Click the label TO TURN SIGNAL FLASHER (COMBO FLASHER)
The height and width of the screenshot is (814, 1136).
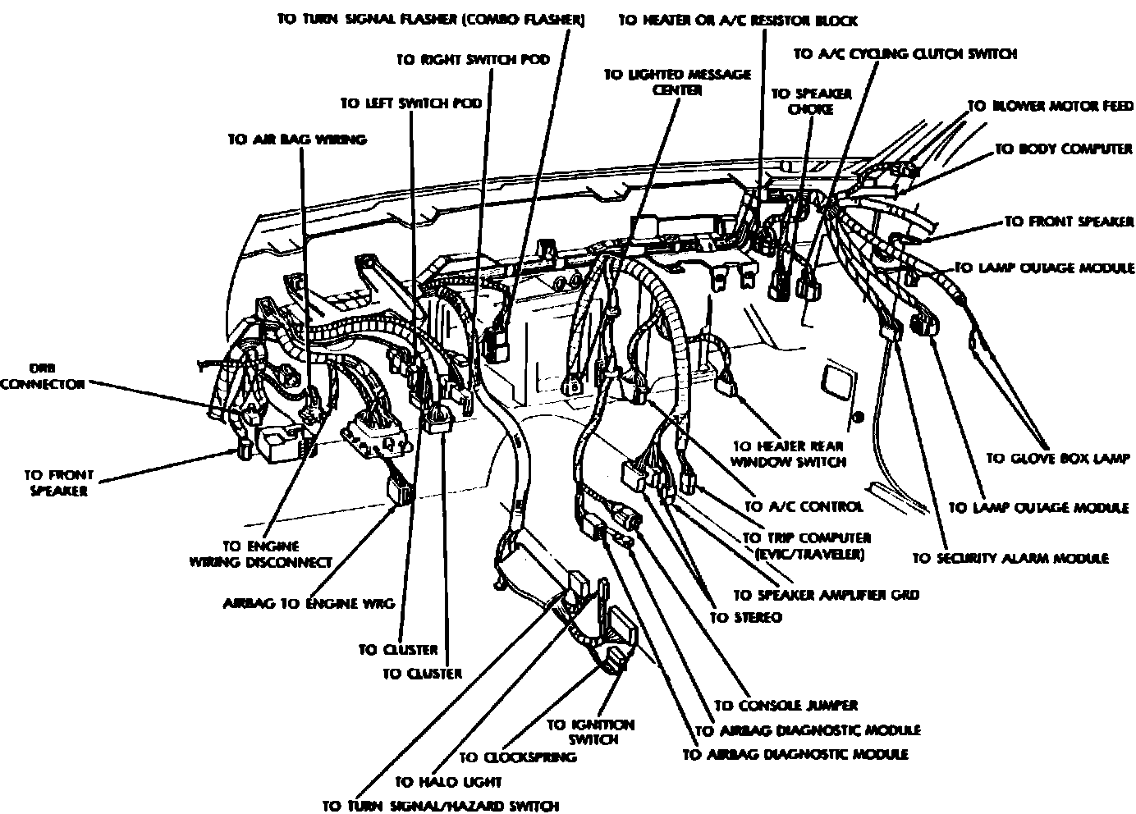(x=430, y=20)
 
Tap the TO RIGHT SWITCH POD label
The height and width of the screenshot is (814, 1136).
(x=472, y=60)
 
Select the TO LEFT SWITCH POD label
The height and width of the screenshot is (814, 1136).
(x=410, y=103)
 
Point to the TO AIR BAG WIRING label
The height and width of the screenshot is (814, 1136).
(x=296, y=139)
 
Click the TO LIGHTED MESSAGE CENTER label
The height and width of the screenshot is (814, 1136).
(x=677, y=82)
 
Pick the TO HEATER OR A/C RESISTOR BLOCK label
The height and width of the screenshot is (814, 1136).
(x=737, y=20)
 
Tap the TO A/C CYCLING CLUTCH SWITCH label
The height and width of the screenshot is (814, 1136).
(x=905, y=54)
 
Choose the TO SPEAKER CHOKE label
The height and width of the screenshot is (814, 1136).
(x=799, y=101)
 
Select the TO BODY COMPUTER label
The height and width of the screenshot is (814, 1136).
(x=1063, y=149)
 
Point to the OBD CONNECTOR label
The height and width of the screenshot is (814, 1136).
(x=44, y=376)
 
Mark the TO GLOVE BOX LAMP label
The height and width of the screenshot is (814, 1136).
(x=1058, y=459)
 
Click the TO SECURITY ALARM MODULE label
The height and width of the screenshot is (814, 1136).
(x=1010, y=558)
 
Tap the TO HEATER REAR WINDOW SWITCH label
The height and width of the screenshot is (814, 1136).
(x=789, y=454)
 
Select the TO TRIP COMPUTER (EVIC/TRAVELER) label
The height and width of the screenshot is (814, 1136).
(x=805, y=546)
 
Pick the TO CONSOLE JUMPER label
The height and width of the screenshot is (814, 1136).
(x=786, y=705)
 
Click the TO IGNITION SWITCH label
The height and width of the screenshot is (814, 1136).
(x=591, y=732)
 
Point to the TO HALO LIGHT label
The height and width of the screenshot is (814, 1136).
(x=447, y=782)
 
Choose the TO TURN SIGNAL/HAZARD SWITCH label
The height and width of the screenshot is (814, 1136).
(x=441, y=806)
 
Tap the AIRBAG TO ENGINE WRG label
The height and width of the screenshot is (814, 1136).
(x=309, y=603)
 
